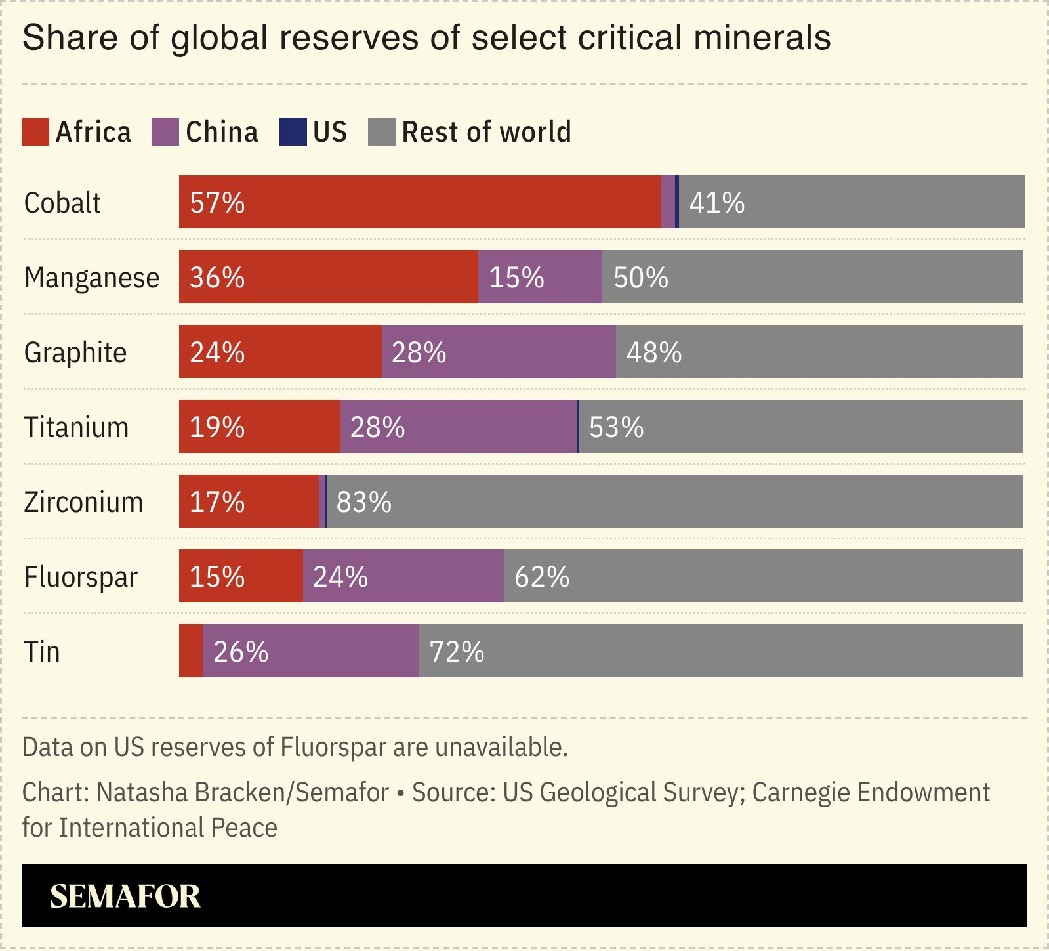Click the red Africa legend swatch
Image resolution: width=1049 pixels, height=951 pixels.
pos(35,132)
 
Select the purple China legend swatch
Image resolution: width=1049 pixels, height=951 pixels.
pos(165,132)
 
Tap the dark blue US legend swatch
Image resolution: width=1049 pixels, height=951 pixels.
pos(293,132)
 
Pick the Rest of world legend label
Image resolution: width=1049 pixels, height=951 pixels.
pos(486,132)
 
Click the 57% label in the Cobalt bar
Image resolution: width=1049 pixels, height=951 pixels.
pos(217,203)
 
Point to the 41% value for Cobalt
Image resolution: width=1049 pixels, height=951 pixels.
pos(716,203)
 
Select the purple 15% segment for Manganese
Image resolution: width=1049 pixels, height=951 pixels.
pos(540,277)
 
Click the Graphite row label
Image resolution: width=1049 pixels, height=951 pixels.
pos(75,352)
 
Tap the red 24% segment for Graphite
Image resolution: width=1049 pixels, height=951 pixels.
pos(280,352)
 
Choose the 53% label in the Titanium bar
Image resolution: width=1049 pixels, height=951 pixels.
pos(616,427)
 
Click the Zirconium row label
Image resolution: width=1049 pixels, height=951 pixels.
pos(83,502)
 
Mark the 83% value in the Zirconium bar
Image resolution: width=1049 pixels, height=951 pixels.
pos(363,502)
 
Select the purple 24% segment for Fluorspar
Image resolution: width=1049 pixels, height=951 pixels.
pos(403,576)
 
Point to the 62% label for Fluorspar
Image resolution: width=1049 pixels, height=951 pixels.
pos(541,577)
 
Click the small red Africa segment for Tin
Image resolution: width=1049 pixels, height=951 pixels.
pos(190,651)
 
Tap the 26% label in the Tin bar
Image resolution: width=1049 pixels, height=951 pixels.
pos(241,652)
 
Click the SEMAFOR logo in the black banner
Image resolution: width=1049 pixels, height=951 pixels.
pos(125,897)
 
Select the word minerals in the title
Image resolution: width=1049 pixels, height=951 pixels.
pos(762,37)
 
